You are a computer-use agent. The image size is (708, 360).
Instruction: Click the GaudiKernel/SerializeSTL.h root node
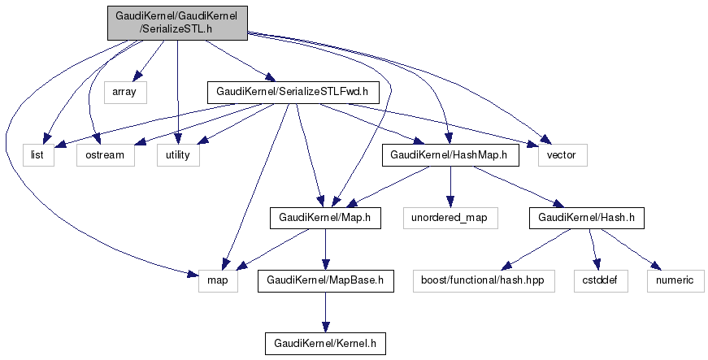point(177,22)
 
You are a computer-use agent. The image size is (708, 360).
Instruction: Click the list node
point(37,154)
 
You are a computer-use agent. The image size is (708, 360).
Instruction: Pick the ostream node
point(105,154)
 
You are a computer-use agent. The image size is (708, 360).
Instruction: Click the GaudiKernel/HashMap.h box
point(450,154)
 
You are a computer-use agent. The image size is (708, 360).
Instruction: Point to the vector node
point(561,154)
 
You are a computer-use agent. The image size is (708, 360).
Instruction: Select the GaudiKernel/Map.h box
point(325,218)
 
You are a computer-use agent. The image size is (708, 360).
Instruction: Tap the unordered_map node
point(450,218)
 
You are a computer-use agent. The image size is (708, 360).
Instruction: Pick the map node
point(218,281)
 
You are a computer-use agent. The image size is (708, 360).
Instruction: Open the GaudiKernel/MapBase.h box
point(325,281)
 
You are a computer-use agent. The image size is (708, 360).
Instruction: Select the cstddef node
point(600,281)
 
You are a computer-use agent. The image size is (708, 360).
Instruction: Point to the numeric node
point(675,281)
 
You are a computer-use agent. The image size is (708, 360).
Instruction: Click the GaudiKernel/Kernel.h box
point(325,344)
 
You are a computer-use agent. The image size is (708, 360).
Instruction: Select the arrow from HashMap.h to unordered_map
point(450,186)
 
